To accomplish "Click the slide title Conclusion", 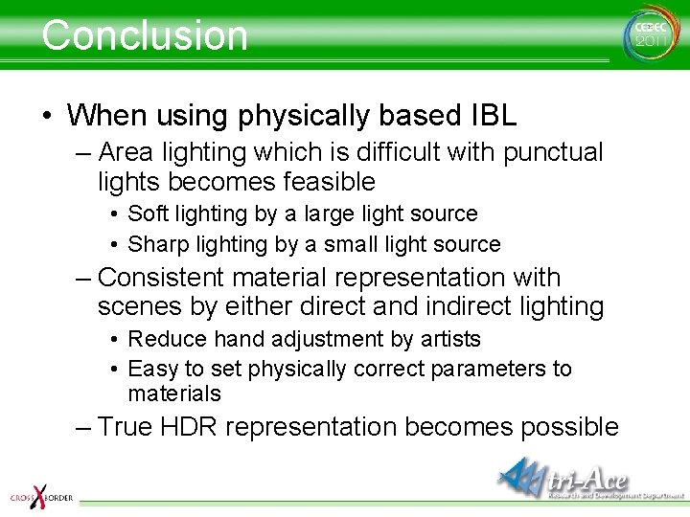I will click(145, 35).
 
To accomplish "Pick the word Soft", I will click(147, 214).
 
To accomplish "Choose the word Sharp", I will click(154, 244).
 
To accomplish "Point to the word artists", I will click(449, 339).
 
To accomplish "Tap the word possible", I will click(566, 427).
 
